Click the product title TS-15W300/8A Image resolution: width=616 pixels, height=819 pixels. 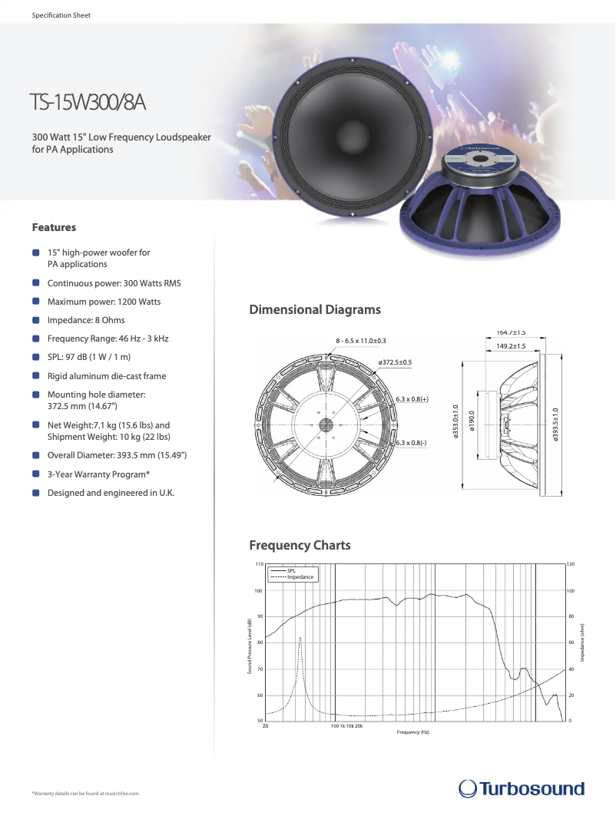coord(88,101)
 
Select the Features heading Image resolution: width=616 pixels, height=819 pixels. coord(54,227)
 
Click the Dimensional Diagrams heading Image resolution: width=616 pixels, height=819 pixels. coord(315,310)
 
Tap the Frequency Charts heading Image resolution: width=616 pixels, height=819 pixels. coord(300,546)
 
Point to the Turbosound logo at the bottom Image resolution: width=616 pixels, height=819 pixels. coord(522,788)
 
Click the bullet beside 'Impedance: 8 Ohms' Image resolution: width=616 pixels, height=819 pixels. coord(36,320)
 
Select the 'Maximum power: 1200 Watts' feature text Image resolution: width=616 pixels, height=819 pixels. coord(104,302)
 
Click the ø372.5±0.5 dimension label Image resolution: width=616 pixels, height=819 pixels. coord(395,362)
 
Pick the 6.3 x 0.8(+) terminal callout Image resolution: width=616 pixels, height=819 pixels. coord(412,399)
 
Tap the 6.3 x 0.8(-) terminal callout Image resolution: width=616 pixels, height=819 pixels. coord(412,443)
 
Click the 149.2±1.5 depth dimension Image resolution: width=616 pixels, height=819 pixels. coord(511,346)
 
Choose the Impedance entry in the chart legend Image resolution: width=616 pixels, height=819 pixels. coord(300,576)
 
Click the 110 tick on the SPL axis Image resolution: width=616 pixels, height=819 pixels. coord(259,564)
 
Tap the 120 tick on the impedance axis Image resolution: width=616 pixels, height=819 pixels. coord(570,564)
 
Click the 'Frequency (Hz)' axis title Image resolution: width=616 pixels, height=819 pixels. coord(413,732)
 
